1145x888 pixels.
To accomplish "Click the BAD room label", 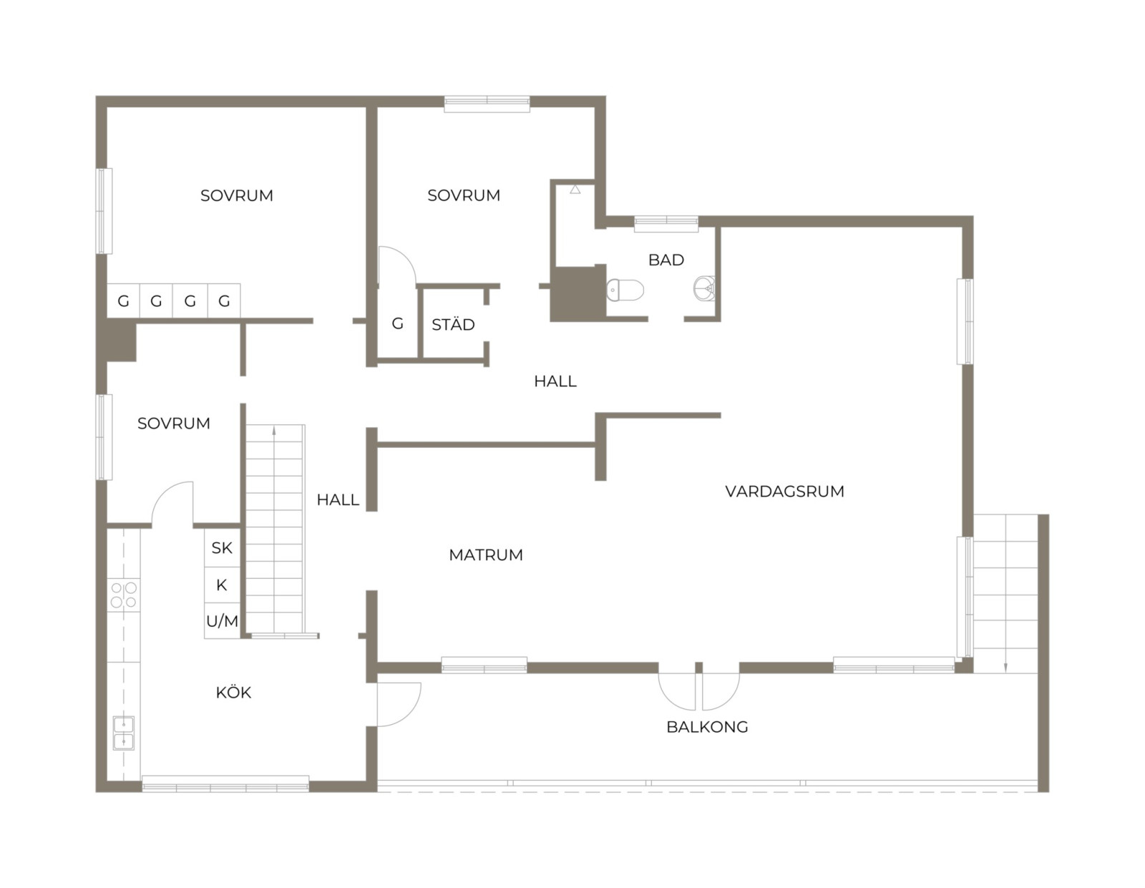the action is [x=666, y=260].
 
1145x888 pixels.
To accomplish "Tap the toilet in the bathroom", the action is [x=625, y=291].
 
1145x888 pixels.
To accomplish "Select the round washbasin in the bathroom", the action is [x=704, y=288].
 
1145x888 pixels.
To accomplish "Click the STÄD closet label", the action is [x=453, y=323].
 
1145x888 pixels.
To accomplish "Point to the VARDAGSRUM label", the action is [x=784, y=492].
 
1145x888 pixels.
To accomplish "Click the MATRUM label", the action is [x=486, y=555].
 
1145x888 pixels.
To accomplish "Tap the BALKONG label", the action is [x=707, y=727].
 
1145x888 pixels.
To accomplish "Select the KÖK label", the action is [x=233, y=691].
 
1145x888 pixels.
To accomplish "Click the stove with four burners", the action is [x=124, y=595].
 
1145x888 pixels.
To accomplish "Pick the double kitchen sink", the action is [x=123, y=733].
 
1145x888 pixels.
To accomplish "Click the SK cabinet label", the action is [x=222, y=548].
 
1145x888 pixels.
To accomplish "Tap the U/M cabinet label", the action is [x=223, y=622].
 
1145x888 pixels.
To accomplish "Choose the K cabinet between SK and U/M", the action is [x=221, y=585].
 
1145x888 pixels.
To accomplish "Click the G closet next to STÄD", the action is [x=398, y=323].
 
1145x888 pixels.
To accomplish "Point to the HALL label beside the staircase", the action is [x=338, y=500].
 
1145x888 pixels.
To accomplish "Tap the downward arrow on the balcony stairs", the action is [x=1005, y=665].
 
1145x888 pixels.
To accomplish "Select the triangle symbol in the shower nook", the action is [x=575, y=189].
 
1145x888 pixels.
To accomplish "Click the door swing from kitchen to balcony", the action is [x=399, y=705].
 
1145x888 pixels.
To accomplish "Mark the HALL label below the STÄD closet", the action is [x=555, y=381].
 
